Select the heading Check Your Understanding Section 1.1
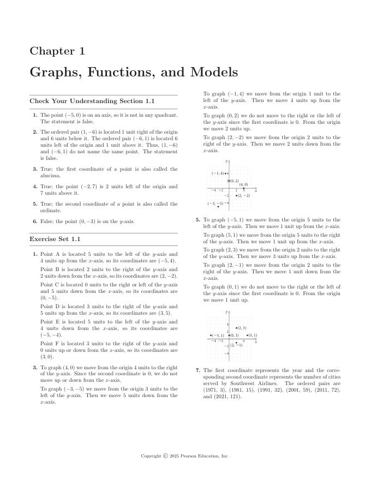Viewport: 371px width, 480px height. (x=92, y=101)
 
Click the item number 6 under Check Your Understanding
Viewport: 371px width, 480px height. (x=35, y=221)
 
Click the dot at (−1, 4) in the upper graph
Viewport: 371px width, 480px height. (x=228, y=173)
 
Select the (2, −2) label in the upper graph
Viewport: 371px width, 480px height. (x=243, y=195)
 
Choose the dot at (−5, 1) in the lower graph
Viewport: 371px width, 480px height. (x=211, y=335)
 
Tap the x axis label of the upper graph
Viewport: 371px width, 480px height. (x=256, y=190)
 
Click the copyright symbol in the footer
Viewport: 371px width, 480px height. (x=165, y=456)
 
